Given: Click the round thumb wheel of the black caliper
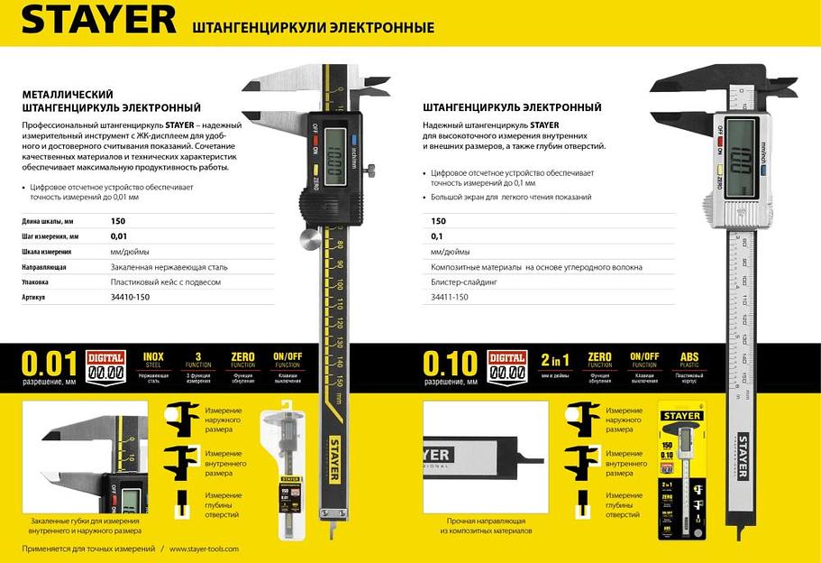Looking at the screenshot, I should (x=310, y=239).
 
